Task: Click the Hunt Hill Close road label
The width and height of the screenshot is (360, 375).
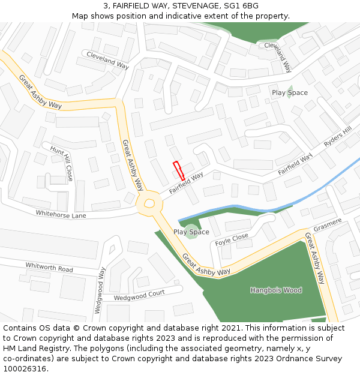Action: [62, 163]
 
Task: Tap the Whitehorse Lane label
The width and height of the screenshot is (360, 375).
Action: [61, 214]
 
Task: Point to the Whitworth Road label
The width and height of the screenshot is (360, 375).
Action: [49, 267]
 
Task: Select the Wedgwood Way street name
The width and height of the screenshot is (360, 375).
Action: [99, 290]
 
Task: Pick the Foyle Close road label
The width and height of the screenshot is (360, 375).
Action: [232, 240]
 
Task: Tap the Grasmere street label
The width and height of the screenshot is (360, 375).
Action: [328, 224]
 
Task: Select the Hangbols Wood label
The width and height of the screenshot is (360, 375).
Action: [276, 290]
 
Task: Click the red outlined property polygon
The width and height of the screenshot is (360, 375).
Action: [179, 171]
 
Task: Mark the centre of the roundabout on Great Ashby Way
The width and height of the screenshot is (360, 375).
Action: [149, 204]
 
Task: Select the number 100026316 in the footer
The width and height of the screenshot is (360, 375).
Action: [25, 368]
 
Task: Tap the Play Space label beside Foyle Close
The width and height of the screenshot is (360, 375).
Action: [191, 232]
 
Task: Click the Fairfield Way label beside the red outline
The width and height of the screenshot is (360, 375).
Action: [186, 183]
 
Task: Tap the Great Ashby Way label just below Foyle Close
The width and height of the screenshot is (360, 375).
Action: [206, 264]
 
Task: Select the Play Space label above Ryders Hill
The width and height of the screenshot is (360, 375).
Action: [290, 93]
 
